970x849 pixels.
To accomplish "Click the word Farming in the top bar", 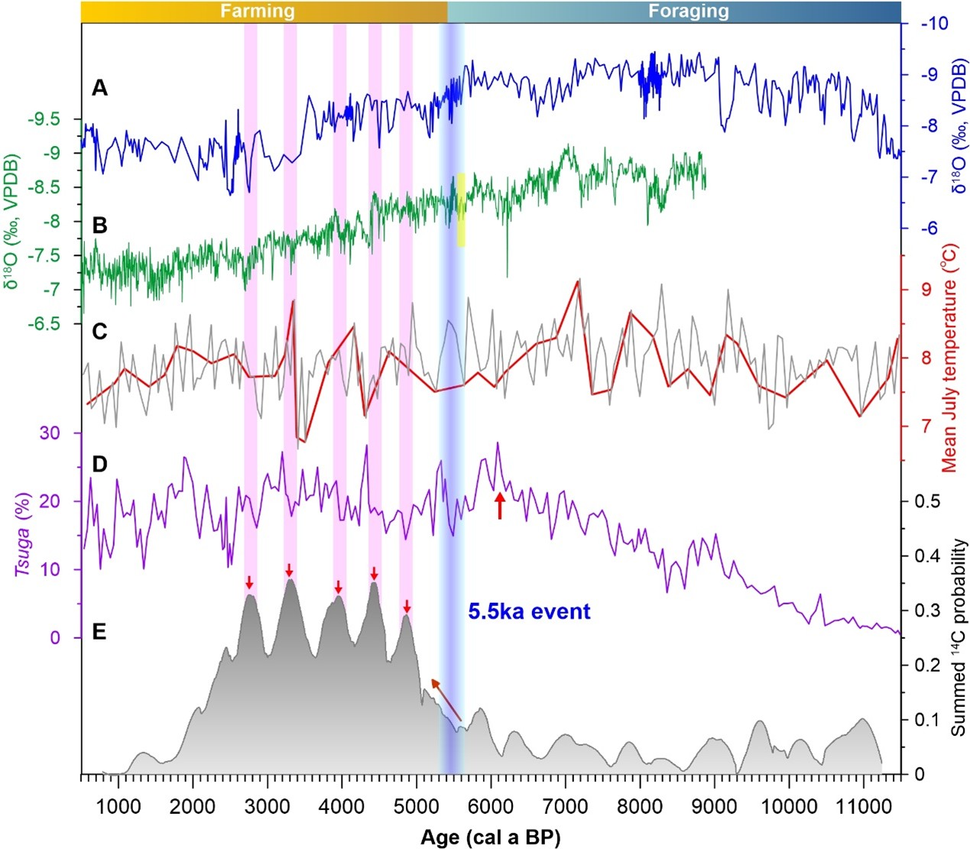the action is click(x=258, y=11).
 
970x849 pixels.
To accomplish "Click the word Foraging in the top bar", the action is click(x=689, y=11).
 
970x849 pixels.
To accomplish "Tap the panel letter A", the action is click(x=99, y=88).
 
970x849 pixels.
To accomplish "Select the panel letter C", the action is click(x=99, y=332).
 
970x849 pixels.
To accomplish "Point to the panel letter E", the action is click(x=99, y=632).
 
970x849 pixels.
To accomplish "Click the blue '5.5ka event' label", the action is click(x=530, y=611).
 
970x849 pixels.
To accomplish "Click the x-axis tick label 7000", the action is click(x=565, y=806).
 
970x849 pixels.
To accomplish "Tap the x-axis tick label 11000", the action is click(x=862, y=806).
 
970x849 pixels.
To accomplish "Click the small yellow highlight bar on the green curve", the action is click(x=461, y=210).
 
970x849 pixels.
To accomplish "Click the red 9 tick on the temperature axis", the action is click(x=926, y=290).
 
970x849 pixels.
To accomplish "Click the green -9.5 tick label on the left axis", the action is click(x=44, y=119).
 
